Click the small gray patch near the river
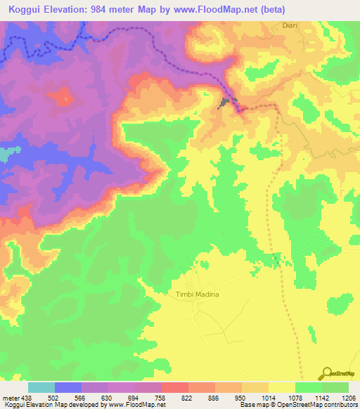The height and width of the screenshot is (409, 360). tap(224, 103)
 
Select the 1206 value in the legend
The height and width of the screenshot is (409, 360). tap(349, 398)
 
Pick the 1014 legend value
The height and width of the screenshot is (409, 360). tap(269, 398)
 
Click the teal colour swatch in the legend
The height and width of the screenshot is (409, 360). tap(41, 387)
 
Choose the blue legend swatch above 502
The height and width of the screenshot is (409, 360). tap(68, 387)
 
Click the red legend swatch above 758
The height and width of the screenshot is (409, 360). tap(175, 387)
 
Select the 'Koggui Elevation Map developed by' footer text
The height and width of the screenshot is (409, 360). tap(51, 405)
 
